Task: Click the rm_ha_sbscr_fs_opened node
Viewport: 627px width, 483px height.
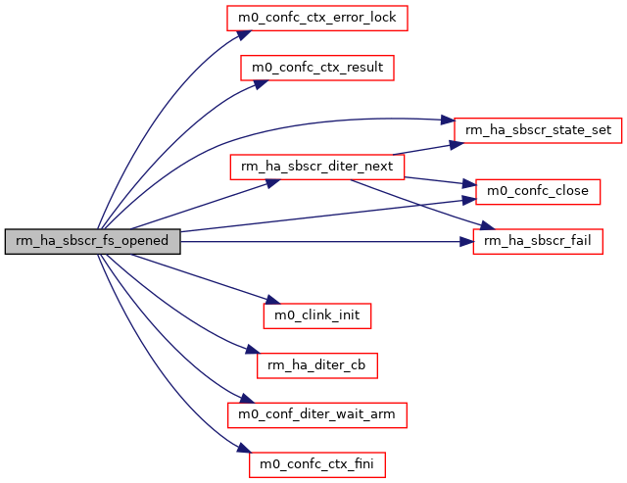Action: (92, 240)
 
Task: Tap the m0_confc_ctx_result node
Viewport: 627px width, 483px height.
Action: (317, 68)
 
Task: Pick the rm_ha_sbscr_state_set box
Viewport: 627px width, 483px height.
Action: (538, 129)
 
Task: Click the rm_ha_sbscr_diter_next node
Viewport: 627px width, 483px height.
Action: (316, 167)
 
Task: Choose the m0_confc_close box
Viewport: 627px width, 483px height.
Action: (537, 191)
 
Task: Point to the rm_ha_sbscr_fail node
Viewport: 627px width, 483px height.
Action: (538, 241)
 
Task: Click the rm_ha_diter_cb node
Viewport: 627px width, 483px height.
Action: (316, 364)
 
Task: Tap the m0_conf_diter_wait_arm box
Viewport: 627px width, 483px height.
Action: (316, 413)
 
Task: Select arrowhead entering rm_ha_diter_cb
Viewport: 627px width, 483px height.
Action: (251, 353)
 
